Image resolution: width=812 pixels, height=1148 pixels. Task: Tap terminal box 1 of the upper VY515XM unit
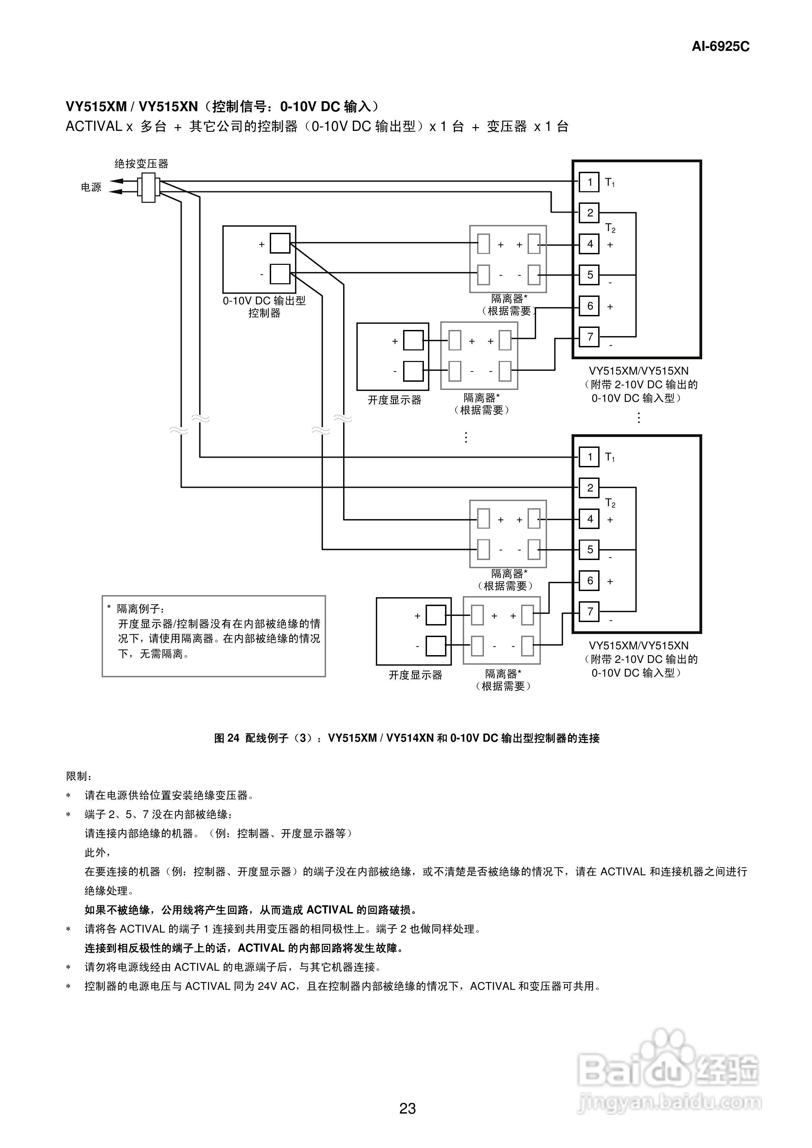[589, 182]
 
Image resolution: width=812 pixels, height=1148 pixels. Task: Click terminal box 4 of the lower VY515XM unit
[589, 519]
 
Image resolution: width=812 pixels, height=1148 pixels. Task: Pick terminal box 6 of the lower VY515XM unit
[589, 580]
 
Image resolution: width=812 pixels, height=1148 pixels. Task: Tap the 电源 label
[91, 187]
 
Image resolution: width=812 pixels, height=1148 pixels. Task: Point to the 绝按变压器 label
[141, 164]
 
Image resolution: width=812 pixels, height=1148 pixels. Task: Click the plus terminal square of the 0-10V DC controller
[280, 243]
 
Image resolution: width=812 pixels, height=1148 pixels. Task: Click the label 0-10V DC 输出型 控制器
[264, 306]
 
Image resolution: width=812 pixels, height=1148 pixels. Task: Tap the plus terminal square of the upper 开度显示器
[413, 341]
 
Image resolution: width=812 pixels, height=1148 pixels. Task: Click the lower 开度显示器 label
[415, 675]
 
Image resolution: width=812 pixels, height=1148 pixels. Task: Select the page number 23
[407, 1108]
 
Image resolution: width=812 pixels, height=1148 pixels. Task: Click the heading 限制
[78, 776]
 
